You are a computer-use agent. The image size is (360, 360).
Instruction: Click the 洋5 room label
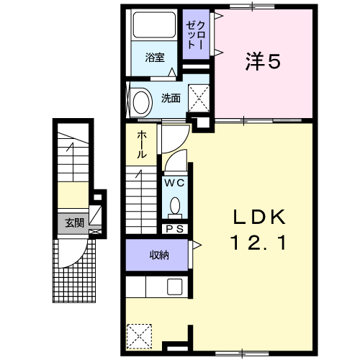263,61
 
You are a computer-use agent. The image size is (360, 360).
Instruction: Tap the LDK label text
260,217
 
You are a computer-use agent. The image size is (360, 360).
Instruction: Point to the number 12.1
258,243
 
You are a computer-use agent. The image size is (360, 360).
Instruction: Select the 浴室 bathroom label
155,58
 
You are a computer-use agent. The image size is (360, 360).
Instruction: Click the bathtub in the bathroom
154,25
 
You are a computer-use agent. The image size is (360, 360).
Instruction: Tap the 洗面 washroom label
171,98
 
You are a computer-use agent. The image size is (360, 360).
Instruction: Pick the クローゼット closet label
196,35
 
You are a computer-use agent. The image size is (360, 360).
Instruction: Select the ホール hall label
141,145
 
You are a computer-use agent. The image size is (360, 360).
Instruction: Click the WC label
174,183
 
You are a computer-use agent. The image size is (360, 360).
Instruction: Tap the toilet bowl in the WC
175,206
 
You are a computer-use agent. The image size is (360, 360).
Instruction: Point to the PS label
175,229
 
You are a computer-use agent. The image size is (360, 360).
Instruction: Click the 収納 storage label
159,255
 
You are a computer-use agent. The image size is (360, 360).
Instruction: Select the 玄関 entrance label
75,223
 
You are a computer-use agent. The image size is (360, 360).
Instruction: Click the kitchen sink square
175,287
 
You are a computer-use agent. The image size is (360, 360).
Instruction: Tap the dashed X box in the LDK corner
139,336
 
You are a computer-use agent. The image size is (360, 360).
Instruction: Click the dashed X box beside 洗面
199,98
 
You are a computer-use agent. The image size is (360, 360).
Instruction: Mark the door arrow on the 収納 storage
197,246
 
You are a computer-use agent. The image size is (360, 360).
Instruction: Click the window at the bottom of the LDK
242,354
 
